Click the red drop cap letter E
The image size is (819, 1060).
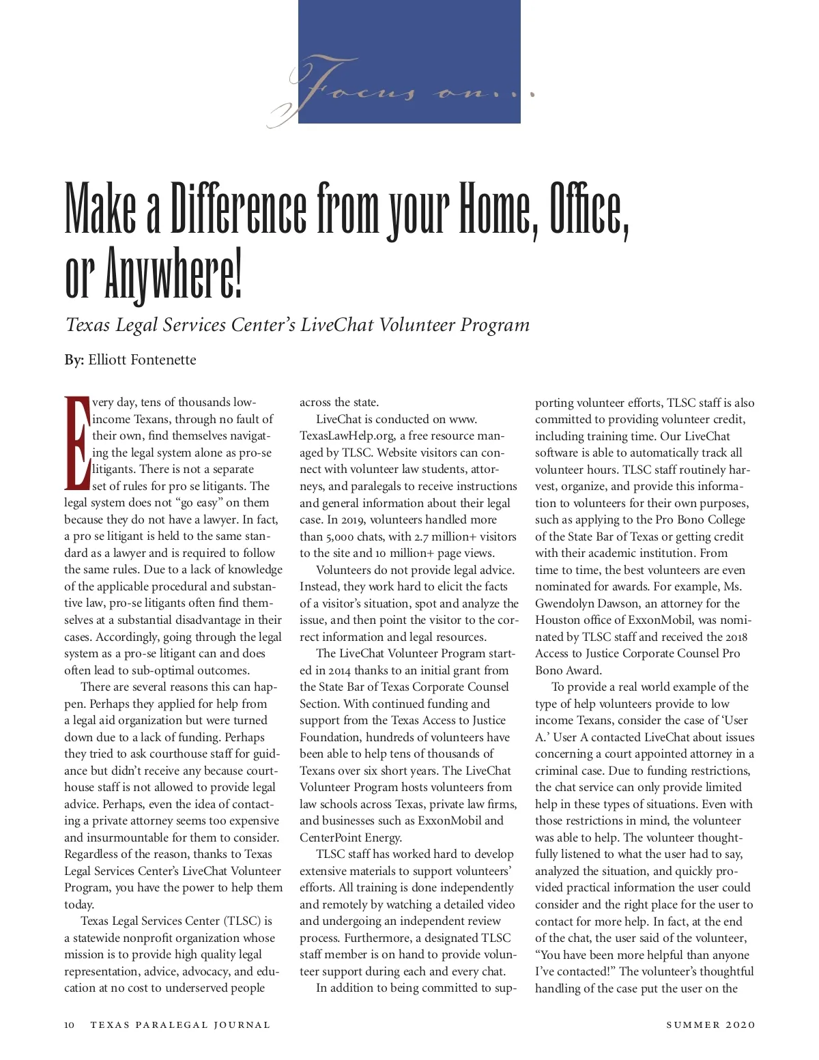(76, 442)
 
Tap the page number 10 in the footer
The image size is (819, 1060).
(70, 1025)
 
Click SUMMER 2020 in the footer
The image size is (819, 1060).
(710, 1025)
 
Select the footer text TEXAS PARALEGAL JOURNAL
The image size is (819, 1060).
(180, 1025)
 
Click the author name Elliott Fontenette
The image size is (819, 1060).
(142, 360)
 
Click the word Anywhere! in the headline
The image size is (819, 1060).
(173, 277)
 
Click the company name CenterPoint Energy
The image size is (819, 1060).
(351, 837)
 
